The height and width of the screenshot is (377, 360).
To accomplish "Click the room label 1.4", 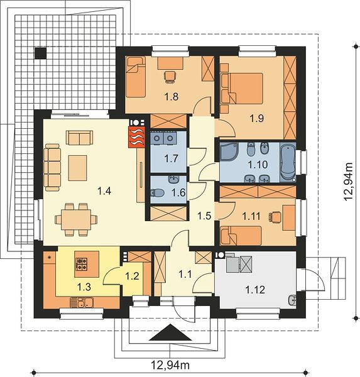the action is pyautogui.click(x=104, y=191).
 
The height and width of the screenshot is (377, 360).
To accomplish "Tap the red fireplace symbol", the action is pyautogui.click(x=137, y=137).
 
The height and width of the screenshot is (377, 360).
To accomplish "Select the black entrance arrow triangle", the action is pyautogui.click(x=170, y=332).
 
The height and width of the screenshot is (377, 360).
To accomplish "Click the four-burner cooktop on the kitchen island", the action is pyautogui.click(x=82, y=264).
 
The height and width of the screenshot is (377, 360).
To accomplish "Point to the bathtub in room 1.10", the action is pyautogui.click(x=288, y=162).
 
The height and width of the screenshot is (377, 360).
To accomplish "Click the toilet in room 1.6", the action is pyautogui.click(x=157, y=193).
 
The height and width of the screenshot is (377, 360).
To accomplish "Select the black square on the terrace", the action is pyautogui.click(x=40, y=53).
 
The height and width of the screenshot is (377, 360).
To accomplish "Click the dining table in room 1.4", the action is pyautogui.click(x=76, y=219).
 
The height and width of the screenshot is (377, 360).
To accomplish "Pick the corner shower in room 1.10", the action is pyautogui.click(x=229, y=151).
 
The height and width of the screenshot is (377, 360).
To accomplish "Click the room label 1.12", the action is pyautogui.click(x=255, y=290).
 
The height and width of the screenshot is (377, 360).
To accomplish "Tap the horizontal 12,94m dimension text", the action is pyautogui.click(x=170, y=365).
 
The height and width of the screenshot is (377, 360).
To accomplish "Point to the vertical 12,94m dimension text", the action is pyautogui.click(x=348, y=182).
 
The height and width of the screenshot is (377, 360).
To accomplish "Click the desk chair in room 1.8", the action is pyautogui.click(x=170, y=77).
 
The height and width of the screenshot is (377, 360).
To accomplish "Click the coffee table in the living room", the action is pyautogui.click(x=77, y=168).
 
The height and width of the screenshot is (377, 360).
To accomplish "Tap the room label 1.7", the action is pyautogui.click(x=172, y=158).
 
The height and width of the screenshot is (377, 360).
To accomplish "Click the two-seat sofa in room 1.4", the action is pyautogui.click(x=79, y=138).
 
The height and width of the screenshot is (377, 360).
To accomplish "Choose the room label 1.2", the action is pyautogui.click(x=133, y=276).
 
